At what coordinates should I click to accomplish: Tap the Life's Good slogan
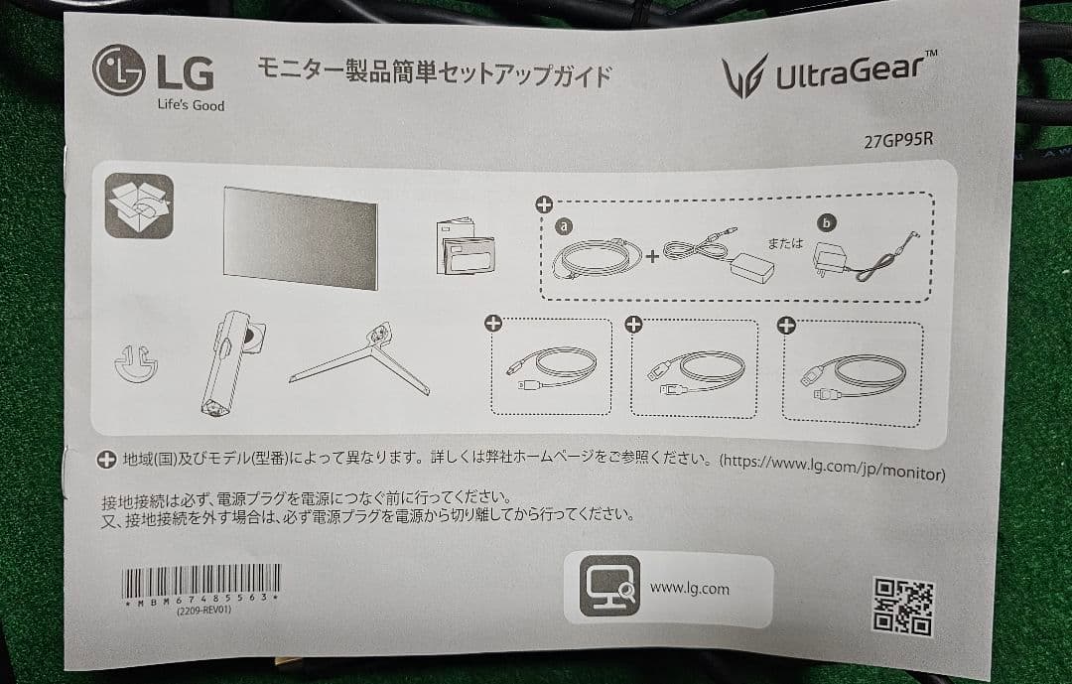coord(191,105)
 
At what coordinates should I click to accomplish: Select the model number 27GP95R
coord(898,139)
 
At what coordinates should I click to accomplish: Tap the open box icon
coord(139,205)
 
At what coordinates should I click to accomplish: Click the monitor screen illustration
coord(300,236)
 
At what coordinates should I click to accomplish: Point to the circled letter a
coord(565,227)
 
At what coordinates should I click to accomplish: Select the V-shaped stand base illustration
coord(362,360)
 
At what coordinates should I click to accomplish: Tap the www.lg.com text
coord(689,589)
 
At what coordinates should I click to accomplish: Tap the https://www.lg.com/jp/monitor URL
coord(831,463)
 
